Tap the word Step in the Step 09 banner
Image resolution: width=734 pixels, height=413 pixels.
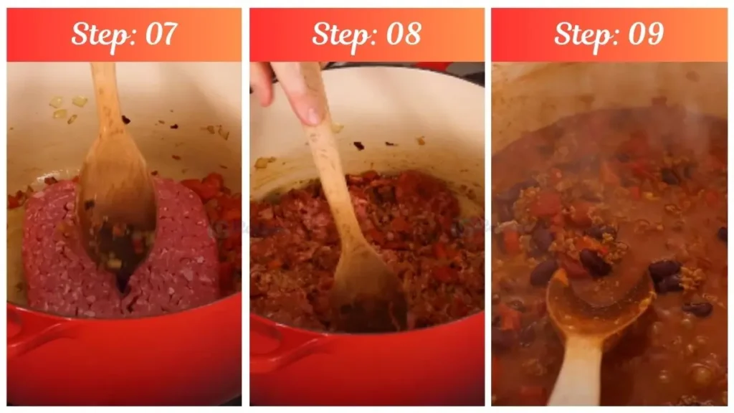point(583,34)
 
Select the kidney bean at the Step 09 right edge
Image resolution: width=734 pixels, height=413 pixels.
point(722,234)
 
